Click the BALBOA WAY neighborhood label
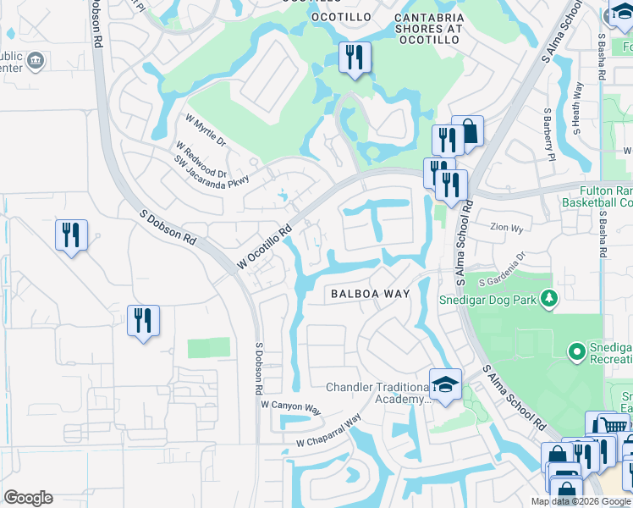[370, 294]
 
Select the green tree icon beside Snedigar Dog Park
[549, 298]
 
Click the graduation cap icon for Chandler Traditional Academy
[444, 385]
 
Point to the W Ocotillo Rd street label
[264, 247]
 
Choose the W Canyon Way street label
[291, 408]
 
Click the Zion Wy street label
[508, 227]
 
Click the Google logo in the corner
[28, 498]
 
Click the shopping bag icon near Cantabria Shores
[468, 131]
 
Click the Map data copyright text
[581, 501]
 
